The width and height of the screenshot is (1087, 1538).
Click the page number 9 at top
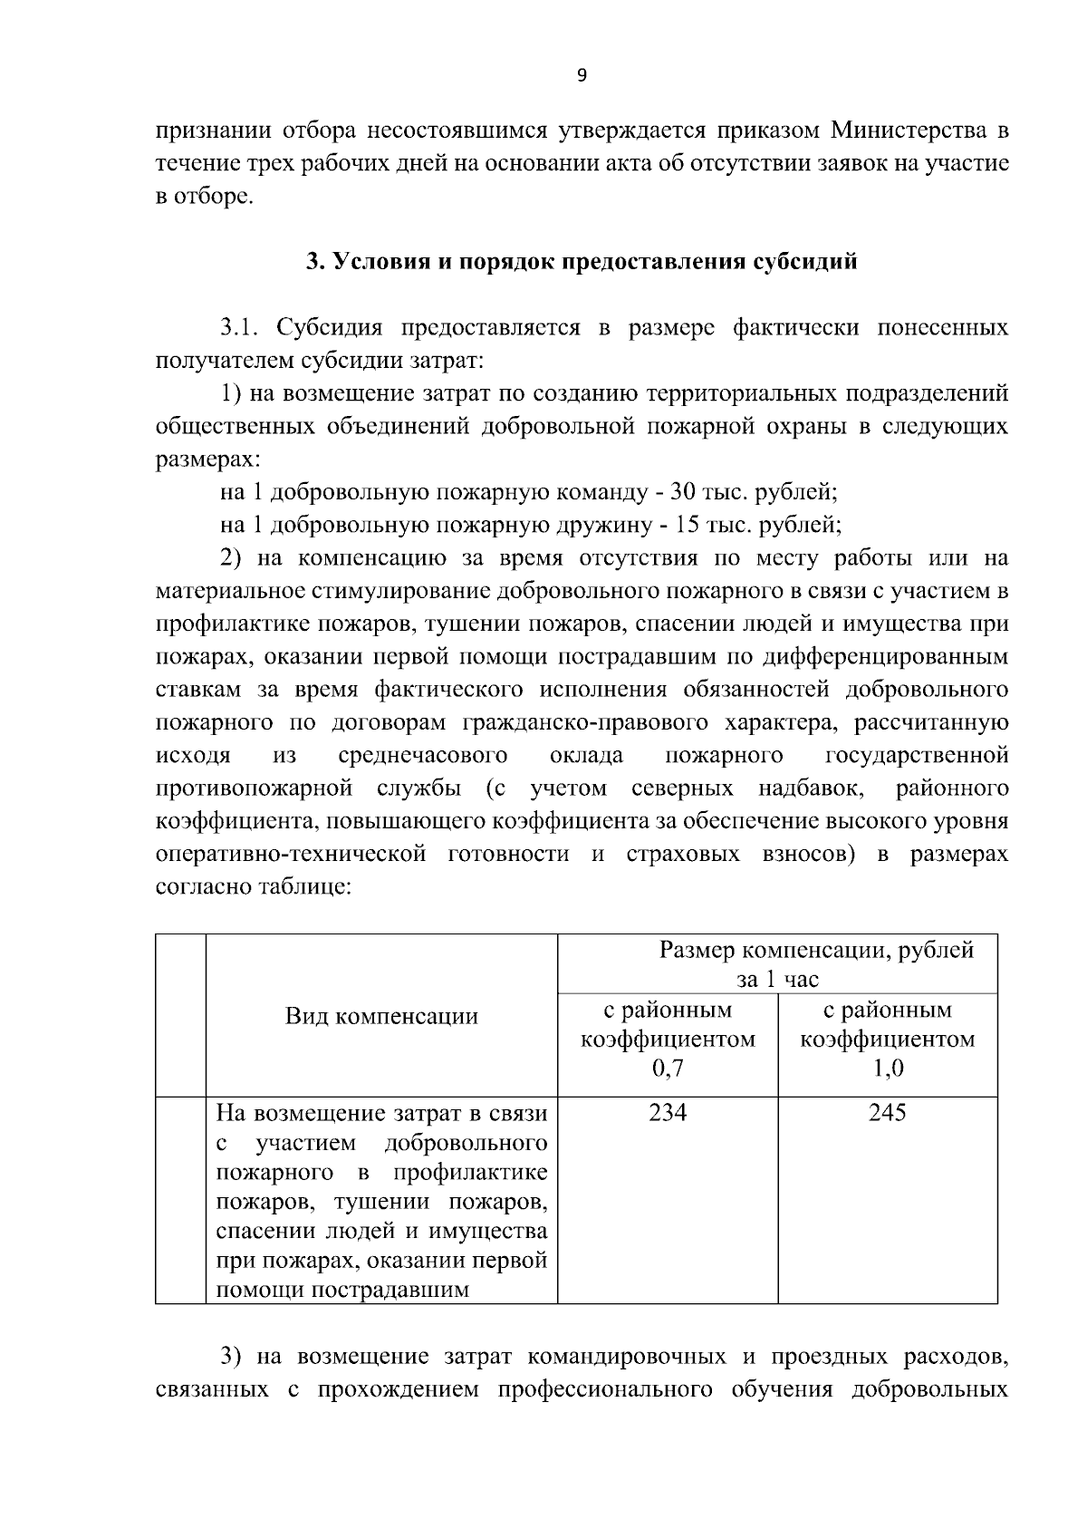582,76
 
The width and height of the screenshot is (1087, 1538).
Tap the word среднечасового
422,755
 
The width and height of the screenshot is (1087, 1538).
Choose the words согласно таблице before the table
253,886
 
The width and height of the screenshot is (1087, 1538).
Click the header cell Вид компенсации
381,1016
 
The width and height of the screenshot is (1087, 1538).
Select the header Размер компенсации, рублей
816,950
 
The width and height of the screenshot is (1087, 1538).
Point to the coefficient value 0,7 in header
668,1069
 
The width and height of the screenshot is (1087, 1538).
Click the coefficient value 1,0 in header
888,1069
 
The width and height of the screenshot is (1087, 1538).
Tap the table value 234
668,1113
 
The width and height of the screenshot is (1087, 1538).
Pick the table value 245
888,1113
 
